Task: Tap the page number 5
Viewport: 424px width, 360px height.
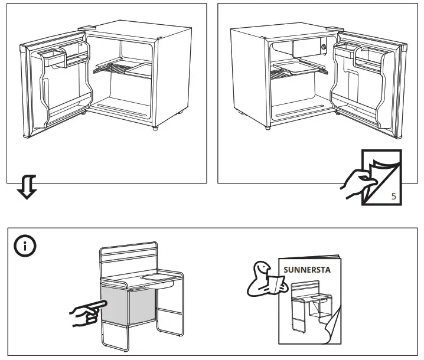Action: pyautogui.click(x=393, y=196)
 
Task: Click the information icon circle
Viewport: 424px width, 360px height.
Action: pyautogui.click(x=24, y=246)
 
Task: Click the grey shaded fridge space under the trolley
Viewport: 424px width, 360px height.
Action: pyautogui.click(x=128, y=307)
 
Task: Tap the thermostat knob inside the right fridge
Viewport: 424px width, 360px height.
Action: pyautogui.click(x=323, y=46)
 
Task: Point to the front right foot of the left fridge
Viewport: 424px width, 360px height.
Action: pyautogui.click(x=155, y=127)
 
